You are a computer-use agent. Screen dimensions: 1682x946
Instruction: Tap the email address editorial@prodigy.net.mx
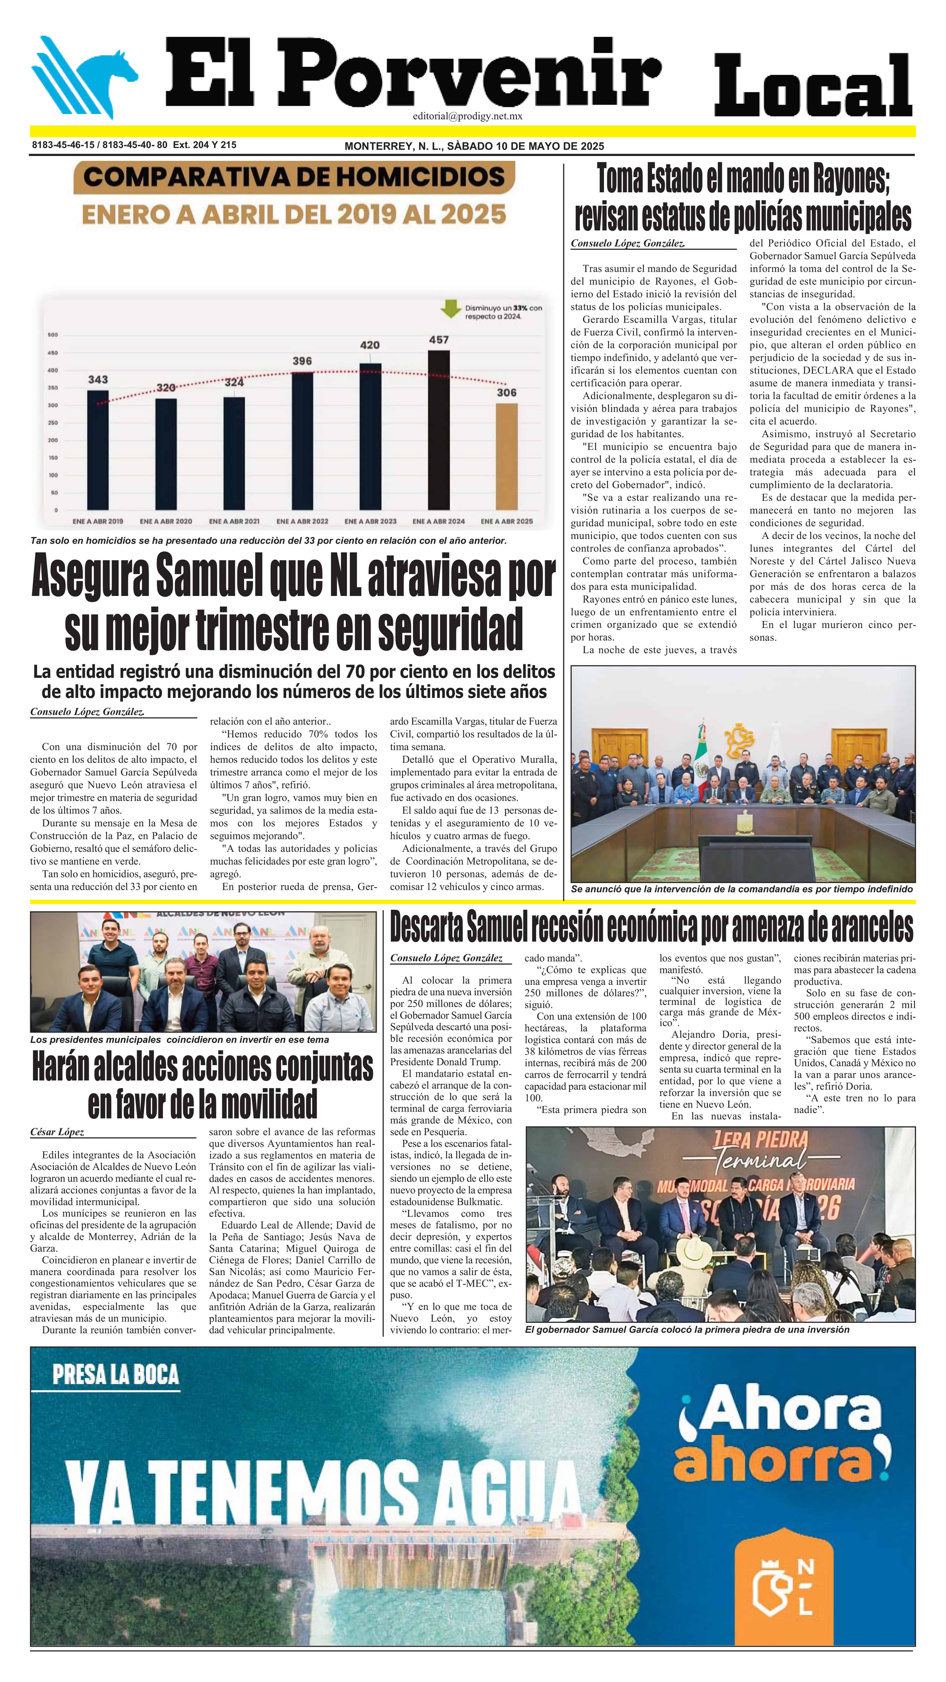[467, 116]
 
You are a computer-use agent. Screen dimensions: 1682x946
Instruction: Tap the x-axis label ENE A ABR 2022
[302, 521]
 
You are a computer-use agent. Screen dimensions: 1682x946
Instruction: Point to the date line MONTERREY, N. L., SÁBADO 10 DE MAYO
[474, 146]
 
